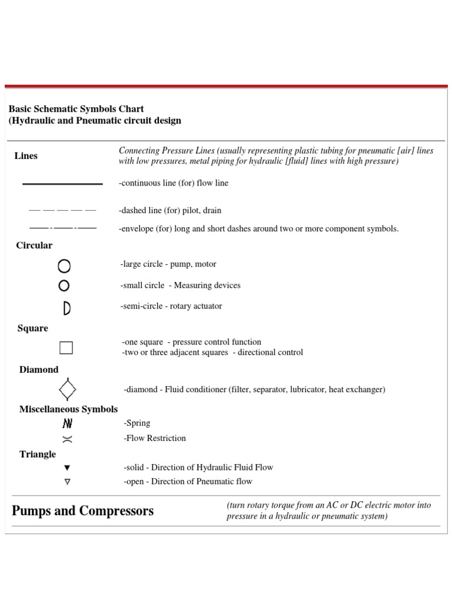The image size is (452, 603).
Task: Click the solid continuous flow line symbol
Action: [x=62, y=184]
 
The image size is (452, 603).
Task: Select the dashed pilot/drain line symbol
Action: [x=62, y=210]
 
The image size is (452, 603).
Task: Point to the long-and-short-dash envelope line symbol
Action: [x=62, y=227]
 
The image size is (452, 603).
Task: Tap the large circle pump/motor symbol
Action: [x=64, y=266]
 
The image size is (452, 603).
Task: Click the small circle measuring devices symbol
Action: [x=64, y=286]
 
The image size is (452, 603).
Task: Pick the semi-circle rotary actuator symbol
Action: [x=67, y=307]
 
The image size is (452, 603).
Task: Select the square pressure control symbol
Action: [x=66, y=347]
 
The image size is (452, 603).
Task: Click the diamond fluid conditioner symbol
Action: [x=68, y=389]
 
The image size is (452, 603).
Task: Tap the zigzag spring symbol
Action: [x=67, y=423]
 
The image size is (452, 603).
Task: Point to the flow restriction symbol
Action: [x=67, y=439]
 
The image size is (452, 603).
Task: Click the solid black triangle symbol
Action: [x=67, y=468]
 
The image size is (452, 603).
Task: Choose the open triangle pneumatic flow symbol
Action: [x=67, y=482]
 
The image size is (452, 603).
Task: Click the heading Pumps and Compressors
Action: [x=83, y=511]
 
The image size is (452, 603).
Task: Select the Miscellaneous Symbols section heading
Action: [x=68, y=409]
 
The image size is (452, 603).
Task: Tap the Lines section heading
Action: [x=26, y=156]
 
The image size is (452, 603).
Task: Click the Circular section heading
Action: [x=34, y=246]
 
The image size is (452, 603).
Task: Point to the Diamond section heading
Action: [x=39, y=370]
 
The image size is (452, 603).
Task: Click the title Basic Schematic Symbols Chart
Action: [x=77, y=109]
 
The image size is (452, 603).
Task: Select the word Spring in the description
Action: [x=138, y=423]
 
